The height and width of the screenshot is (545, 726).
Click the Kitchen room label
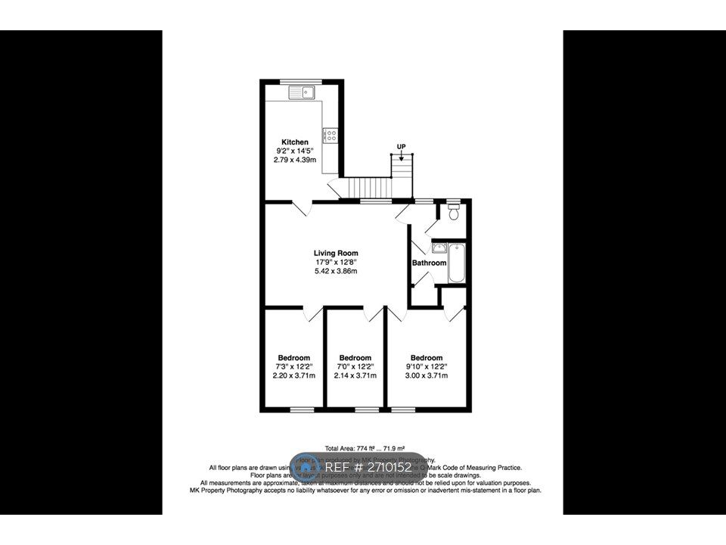295,142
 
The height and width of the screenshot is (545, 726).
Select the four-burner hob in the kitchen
330,135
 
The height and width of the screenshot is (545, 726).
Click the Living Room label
336,254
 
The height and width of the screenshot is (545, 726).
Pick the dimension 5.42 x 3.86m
336,271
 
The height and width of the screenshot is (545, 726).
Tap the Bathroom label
429,263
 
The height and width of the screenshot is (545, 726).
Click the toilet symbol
453,212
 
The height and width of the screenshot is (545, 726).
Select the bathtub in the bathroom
455,263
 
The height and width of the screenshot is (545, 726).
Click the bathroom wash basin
439,248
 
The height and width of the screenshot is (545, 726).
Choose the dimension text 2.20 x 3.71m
293,375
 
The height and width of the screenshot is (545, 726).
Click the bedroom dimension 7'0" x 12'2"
355,366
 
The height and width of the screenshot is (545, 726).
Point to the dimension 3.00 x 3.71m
427,375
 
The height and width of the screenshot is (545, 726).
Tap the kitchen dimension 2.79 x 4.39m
295,160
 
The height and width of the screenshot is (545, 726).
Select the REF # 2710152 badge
358,468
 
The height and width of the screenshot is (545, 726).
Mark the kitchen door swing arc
300,208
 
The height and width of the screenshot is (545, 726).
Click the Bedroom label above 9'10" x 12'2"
427,358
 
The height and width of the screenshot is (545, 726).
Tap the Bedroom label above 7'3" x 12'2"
293,358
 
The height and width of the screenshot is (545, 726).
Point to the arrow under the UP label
401,156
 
